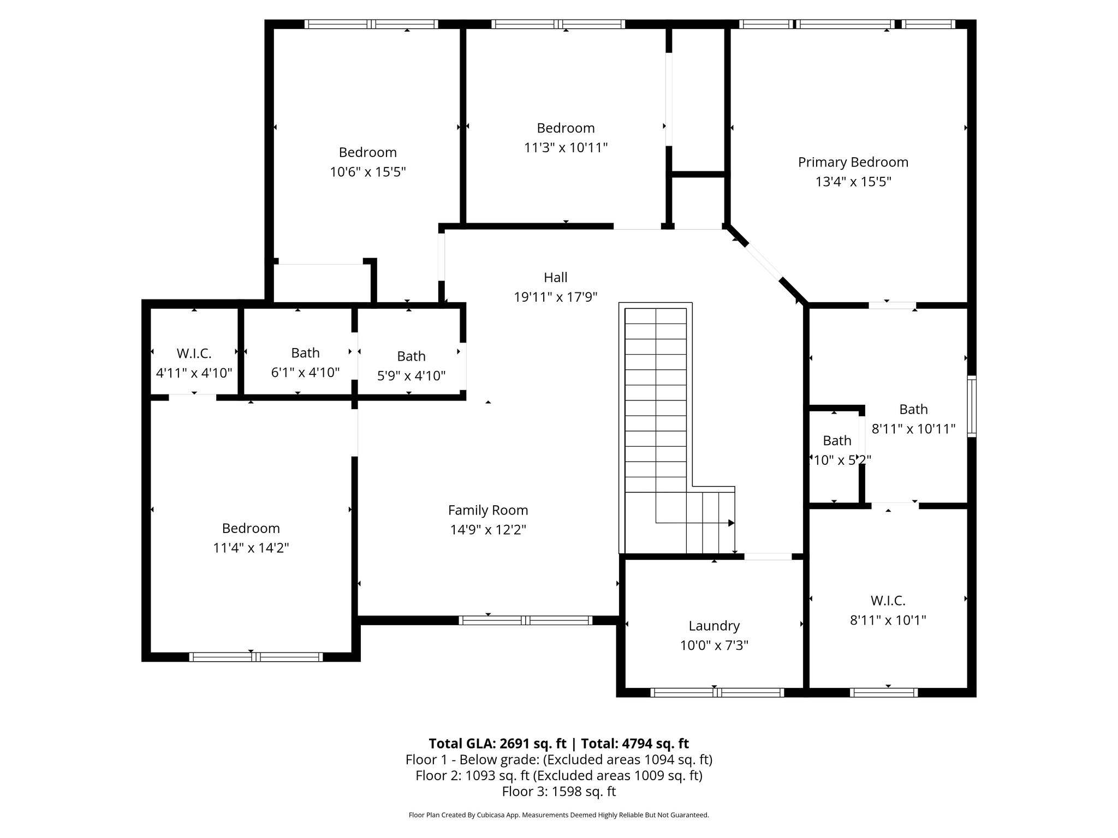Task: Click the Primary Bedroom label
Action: (853, 162)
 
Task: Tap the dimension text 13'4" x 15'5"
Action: (853, 182)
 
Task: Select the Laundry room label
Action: (713, 626)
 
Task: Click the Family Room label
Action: (487, 510)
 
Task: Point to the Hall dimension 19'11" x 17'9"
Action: (555, 297)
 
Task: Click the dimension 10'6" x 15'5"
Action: (367, 172)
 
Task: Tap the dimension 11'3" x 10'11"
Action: (566, 148)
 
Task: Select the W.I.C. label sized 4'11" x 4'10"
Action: (194, 354)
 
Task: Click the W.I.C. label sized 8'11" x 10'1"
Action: (888, 601)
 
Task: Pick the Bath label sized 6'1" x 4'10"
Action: (305, 353)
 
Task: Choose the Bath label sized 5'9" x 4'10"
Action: (411, 356)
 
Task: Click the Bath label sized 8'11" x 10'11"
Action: (913, 409)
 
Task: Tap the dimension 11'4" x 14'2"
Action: (251, 548)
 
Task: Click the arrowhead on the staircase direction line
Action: (731, 523)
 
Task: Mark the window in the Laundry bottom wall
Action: (717, 692)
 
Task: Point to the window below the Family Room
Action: (525, 620)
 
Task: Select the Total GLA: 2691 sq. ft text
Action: (498, 744)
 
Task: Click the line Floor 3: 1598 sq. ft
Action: (558, 791)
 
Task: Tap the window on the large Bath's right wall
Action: (972, 406)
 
